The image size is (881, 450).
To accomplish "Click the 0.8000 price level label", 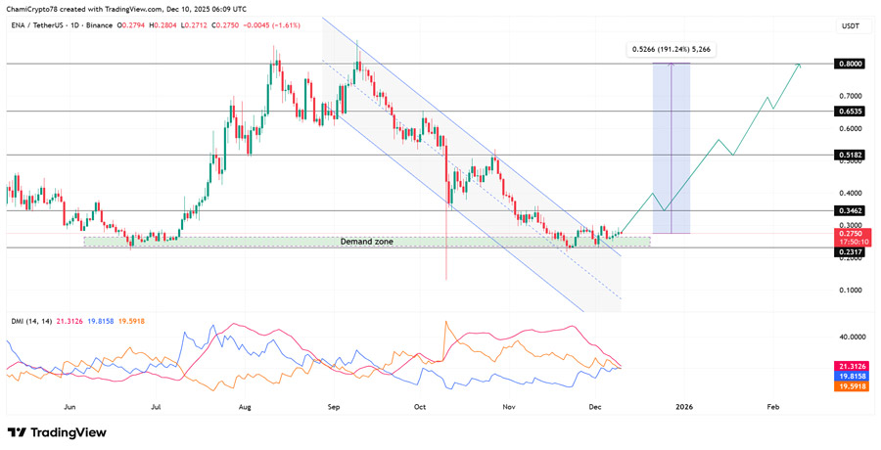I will click(x=849, y=64).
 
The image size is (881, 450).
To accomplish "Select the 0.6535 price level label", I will click(x=849, y=112).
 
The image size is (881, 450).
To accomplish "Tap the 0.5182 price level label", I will click(x=849, y=155).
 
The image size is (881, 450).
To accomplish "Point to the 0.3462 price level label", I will click(x=849, y=210).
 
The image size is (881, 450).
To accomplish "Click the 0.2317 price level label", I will click(x=849, y=250).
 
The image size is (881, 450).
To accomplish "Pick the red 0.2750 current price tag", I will click(x=849, y=233).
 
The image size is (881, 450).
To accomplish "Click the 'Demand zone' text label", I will click(x=367, y=241).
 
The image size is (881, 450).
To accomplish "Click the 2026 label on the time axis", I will click(x=684, y=404).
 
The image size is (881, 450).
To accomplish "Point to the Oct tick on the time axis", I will click(x=421, y=404).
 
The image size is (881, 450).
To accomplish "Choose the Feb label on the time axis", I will click(x=772, y=404).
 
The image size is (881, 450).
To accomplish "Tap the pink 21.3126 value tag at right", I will click(x=849, y=366).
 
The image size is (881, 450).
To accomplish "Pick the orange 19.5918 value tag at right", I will click(x=849, y=386).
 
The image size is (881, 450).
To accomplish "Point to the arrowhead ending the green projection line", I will click(x=800, y=65).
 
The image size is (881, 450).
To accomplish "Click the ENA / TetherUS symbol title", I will click(x=45, y=26).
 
